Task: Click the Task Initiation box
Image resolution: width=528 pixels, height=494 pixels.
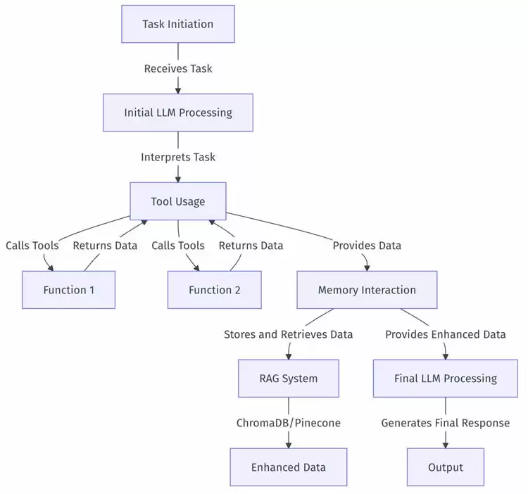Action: [177, 24]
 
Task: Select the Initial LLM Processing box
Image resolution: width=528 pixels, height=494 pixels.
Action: [177, 113]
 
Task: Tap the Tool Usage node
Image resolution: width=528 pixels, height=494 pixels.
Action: [177, 201]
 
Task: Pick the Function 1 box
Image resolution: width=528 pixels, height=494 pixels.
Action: [68, 290]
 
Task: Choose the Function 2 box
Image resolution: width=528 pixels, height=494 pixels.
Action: [214, 290]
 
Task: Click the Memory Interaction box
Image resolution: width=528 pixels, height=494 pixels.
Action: [367, 290]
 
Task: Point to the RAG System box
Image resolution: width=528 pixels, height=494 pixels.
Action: [288, 379]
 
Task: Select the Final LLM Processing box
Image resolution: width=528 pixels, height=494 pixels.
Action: [445, 379]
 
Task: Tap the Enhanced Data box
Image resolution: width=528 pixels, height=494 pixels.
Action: [288, 467]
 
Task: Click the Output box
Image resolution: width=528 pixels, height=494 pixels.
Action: [445, 467]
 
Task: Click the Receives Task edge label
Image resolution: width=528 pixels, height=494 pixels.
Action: [177, 68]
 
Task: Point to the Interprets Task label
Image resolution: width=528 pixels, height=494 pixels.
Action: [177, 157]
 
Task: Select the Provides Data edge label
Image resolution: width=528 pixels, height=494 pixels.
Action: [367, 246]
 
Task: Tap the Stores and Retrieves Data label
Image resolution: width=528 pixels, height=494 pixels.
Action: [288, 334]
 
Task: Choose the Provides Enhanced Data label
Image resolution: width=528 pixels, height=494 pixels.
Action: [445, 334]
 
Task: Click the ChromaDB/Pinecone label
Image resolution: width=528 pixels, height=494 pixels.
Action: [288, 423]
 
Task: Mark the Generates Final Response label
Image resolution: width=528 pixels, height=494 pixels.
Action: [445, 423]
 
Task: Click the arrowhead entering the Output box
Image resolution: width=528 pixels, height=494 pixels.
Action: [445, 444]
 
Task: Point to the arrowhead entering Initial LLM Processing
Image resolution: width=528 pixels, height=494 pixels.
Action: [177, 89]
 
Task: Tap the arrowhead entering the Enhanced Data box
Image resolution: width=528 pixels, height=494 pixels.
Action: [288, 444]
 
